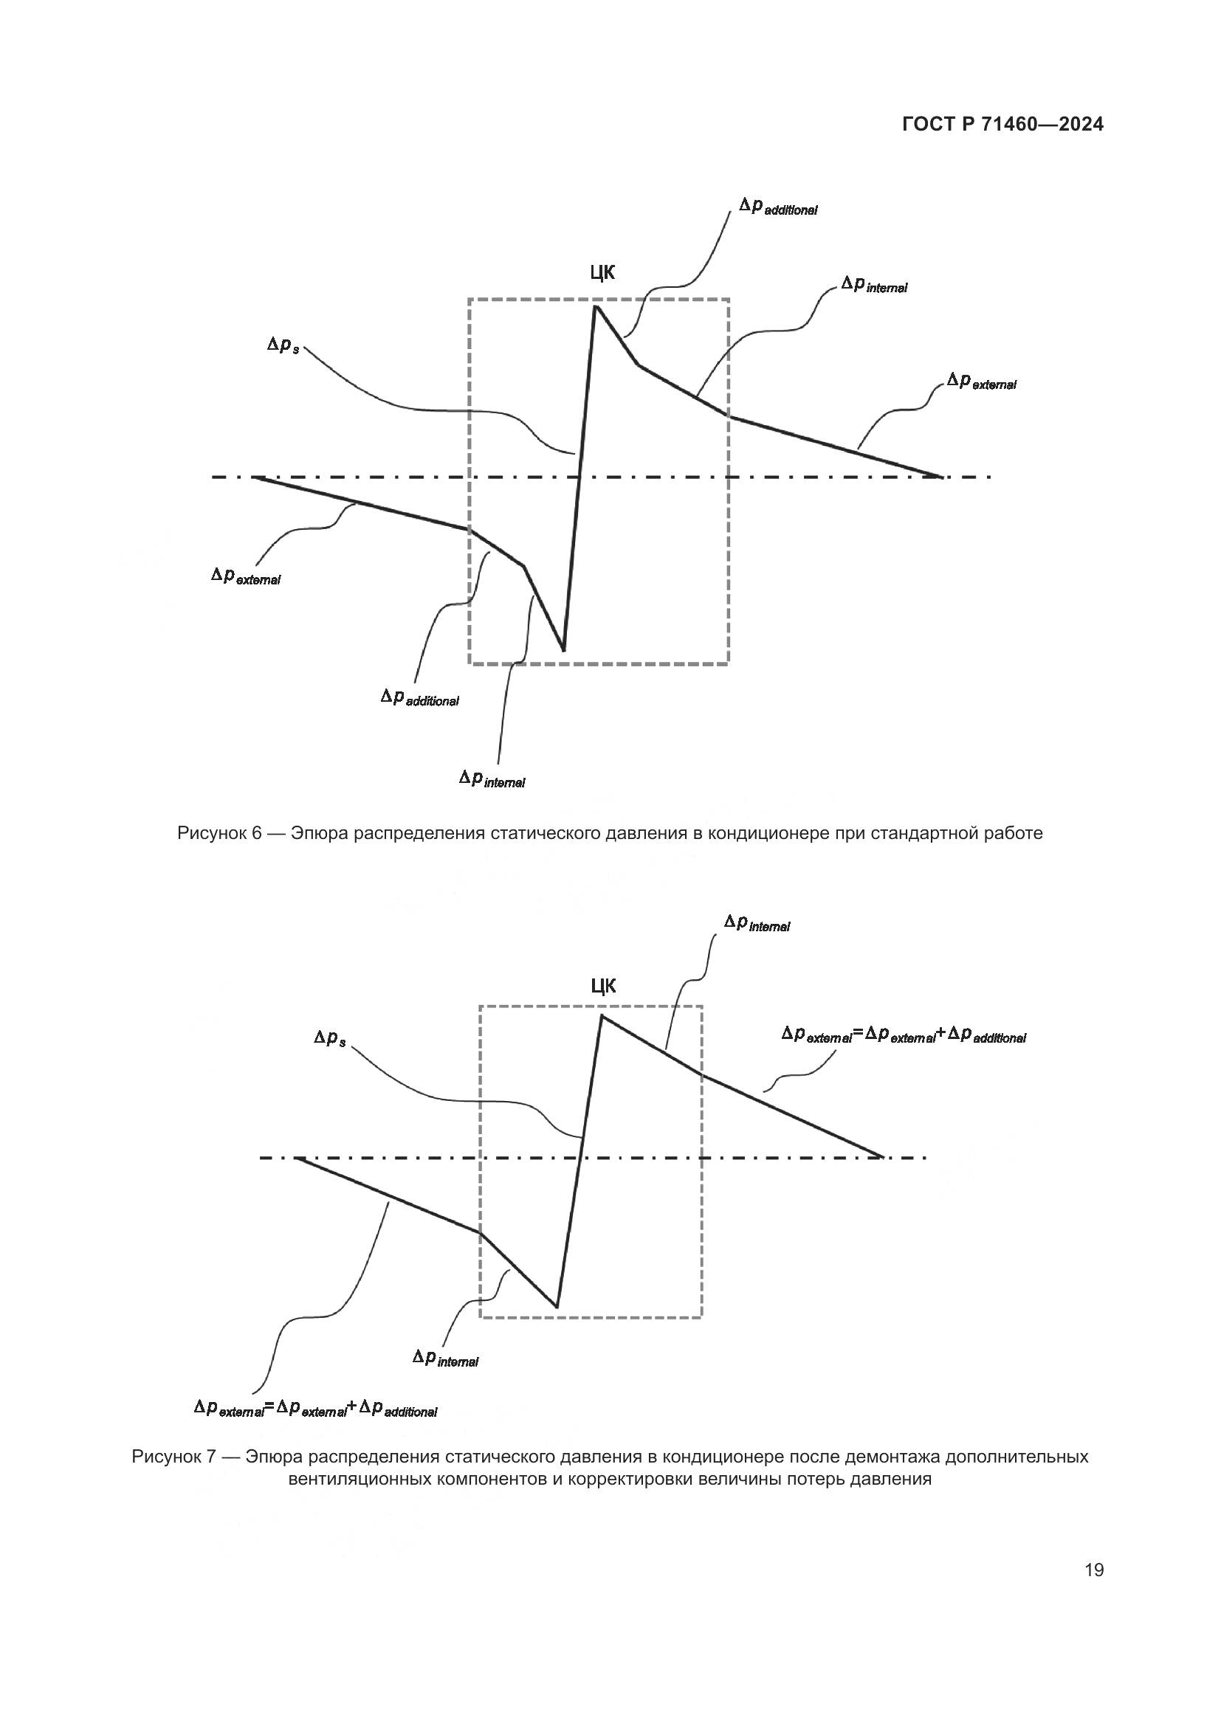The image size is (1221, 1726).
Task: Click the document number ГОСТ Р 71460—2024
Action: [1002, 125]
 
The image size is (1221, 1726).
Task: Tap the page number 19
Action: [1094, 1570]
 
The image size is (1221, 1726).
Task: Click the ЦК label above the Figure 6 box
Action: [602, 273]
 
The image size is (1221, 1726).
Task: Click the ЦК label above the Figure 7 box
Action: [603, 987]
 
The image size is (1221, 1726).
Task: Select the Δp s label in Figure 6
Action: [283, 347]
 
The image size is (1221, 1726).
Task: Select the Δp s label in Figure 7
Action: [329, 1039]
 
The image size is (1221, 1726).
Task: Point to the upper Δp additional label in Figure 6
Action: [777, 207]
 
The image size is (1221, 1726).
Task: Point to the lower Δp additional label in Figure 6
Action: [419, 698]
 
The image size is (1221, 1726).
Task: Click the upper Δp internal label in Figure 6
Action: [873, 286]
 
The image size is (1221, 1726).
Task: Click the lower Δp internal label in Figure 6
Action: [492, 779]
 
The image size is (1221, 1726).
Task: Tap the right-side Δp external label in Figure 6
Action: [981, 382]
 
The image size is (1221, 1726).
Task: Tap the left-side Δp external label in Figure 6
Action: [246, 576]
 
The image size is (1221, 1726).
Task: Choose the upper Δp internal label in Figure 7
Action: [757, 924]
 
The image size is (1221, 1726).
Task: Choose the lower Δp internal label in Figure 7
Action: [445, 1357]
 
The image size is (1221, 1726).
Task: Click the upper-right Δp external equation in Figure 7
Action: [903, 1035]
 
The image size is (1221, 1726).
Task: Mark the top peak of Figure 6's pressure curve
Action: [596, 306]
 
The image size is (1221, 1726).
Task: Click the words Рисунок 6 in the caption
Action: [218, 833]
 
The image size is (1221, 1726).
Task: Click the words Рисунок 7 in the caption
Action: [173, 1457]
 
